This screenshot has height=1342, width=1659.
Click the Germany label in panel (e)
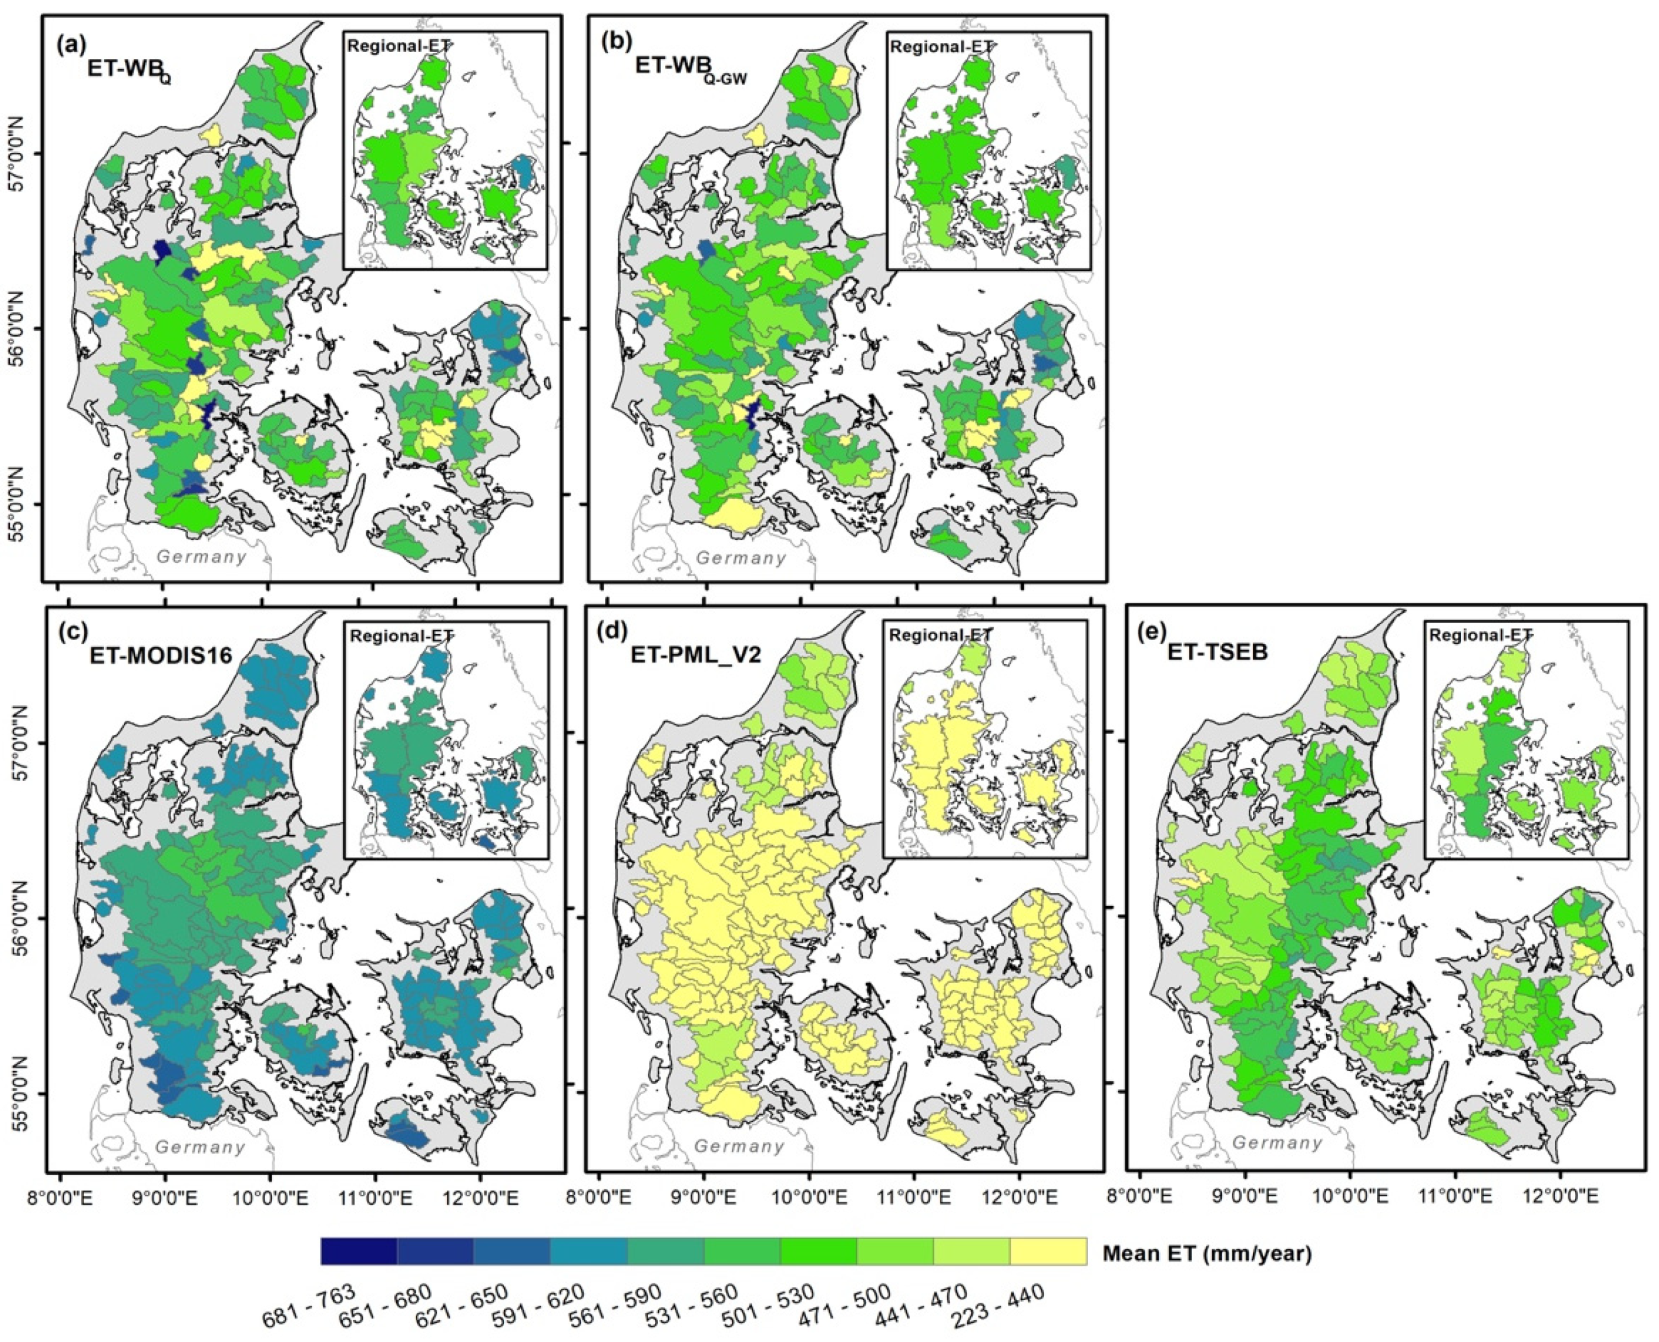pos(1277,1142)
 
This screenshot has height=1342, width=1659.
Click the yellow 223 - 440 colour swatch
pos(1048,1251)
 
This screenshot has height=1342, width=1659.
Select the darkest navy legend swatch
pos(359,1251)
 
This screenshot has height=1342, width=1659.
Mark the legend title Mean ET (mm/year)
pos(1206,1253)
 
